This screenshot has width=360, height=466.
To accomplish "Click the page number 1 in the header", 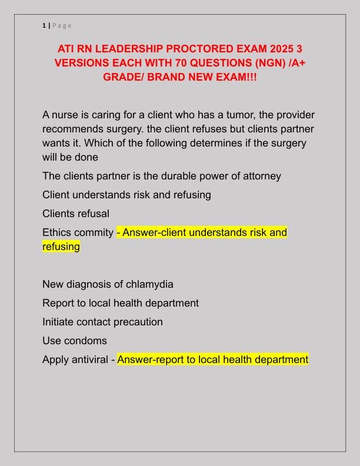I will point(44,25).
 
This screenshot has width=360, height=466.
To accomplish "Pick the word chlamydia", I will point(148,284).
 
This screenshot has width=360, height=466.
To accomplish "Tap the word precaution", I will point(141,322).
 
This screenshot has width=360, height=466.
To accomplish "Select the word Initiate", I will point(61,322).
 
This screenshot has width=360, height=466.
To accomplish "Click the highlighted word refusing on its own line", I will point(61,247).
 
